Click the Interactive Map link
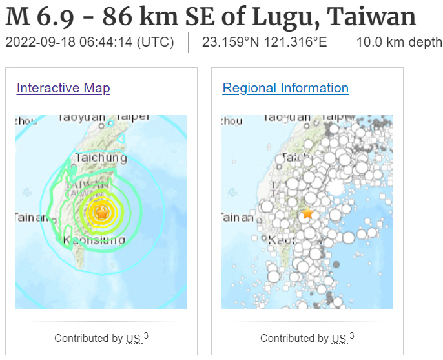[63, 88]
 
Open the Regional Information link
[285, 88]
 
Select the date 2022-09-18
[40, 43]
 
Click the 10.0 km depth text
[399, 43]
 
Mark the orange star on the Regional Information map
[307, 213]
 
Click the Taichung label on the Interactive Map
[101, 158]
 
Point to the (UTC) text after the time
[156, 43]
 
